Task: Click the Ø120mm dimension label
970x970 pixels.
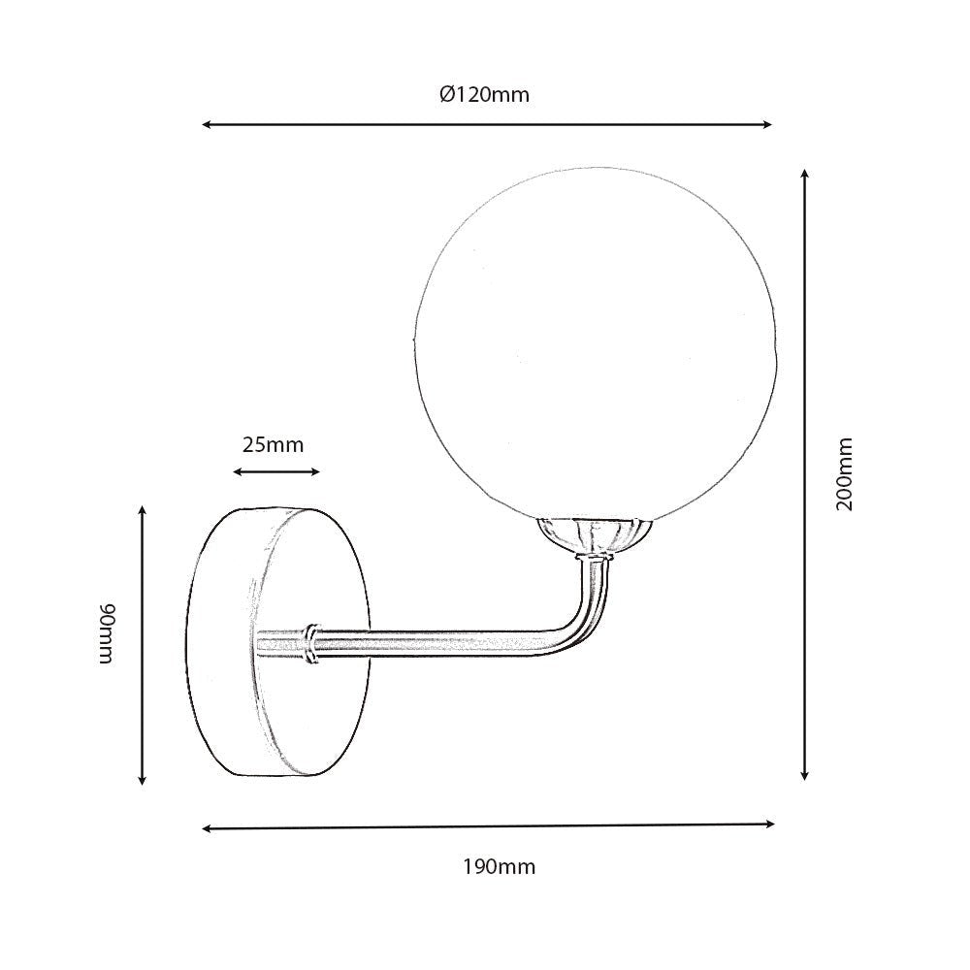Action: tap(484, 94)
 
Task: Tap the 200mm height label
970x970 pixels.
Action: tap(845, 474)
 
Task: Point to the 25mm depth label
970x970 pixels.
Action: tap(273, 445)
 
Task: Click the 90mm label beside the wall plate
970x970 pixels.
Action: tap(108, 633)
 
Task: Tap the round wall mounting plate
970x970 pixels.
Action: tap(276, 640)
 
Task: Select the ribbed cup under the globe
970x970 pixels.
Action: tap(594, 534)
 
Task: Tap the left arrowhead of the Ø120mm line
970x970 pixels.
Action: tap(206, 125)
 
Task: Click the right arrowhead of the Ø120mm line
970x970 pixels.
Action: tap(768, 125)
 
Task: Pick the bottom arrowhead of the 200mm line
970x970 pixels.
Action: tap(805, 775)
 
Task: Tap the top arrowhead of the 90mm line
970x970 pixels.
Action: tap(143, 510)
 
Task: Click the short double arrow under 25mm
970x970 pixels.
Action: tap(276, 472)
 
